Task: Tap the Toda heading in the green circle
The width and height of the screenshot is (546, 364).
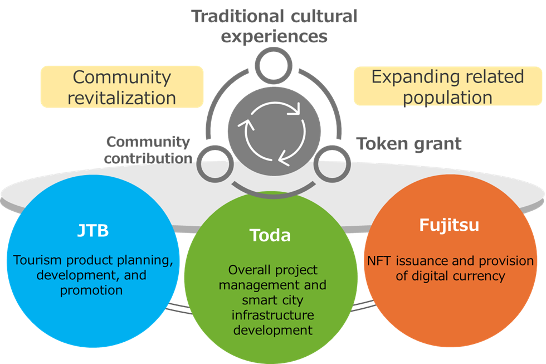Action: [270, 235]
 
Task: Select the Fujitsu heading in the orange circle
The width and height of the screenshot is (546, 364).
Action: [449, 225]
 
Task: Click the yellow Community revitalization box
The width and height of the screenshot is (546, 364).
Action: [121, 87]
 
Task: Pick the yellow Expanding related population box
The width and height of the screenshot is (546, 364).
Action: [447, 86]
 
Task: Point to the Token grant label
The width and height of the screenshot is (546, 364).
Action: [409, 144]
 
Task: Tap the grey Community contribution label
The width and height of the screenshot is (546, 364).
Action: [148, 149]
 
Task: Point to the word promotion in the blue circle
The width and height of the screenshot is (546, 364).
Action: [91, 290]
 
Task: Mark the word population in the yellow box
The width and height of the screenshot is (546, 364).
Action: [447, 98]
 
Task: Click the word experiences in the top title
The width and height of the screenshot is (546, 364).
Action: [274, 36]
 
